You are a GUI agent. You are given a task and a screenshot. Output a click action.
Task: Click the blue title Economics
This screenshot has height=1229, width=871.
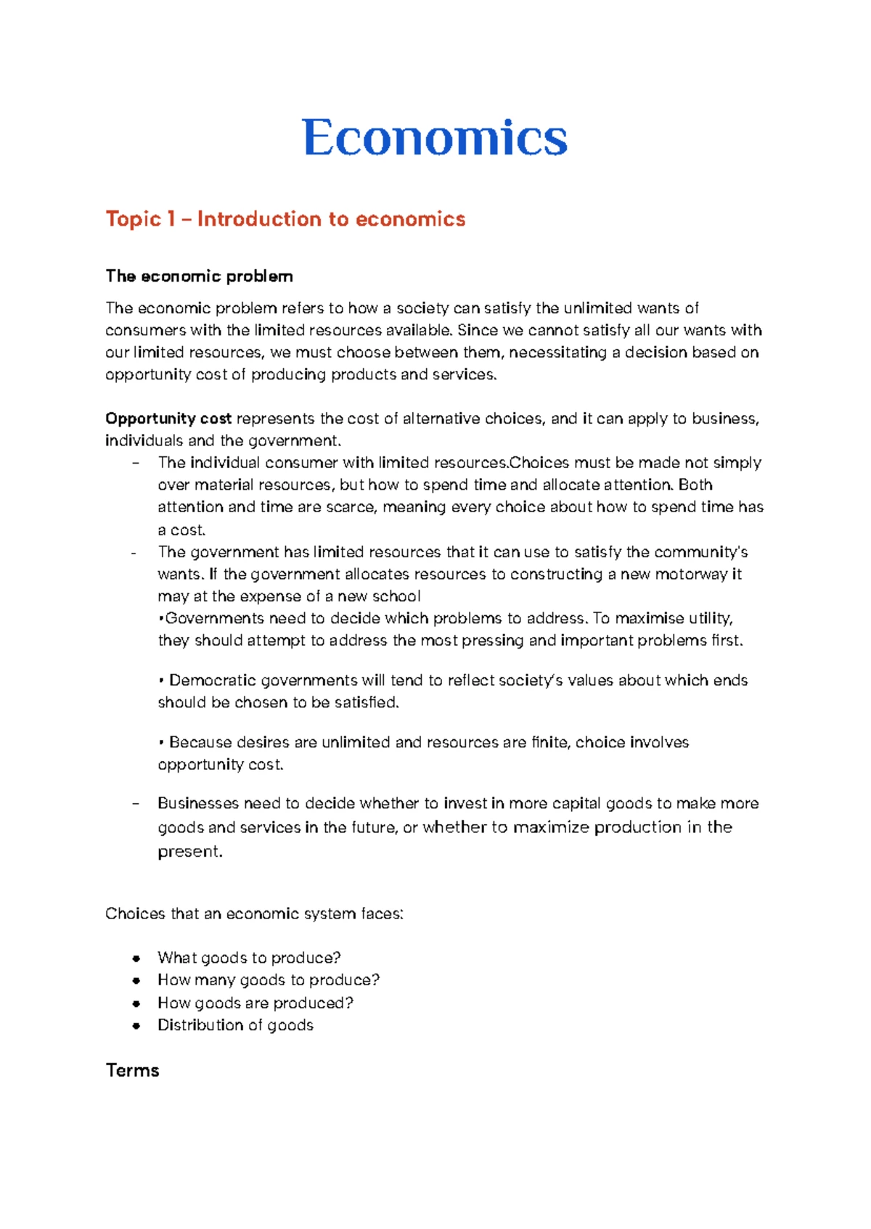tap(435, 138)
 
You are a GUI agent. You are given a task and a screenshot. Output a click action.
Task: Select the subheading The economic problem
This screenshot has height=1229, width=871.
tap(199, 276)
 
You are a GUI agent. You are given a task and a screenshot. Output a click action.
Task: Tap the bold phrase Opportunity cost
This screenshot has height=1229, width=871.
tap(168, 419)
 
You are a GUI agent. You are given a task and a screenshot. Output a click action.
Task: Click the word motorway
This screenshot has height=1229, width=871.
tap(690, 575)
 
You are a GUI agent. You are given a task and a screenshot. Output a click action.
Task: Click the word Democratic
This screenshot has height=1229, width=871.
tap(212, 681)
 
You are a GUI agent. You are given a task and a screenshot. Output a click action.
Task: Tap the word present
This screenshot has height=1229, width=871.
tap(189, 852)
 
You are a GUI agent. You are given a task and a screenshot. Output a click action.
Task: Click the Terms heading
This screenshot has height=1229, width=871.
tap(132, 1071)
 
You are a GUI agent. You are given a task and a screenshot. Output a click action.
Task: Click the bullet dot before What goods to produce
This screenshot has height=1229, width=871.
tap(136, 958)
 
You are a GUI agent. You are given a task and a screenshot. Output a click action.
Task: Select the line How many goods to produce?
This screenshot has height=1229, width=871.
tap(268, 980)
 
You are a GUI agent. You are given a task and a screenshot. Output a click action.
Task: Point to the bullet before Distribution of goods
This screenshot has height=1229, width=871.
tap(136, 1026)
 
